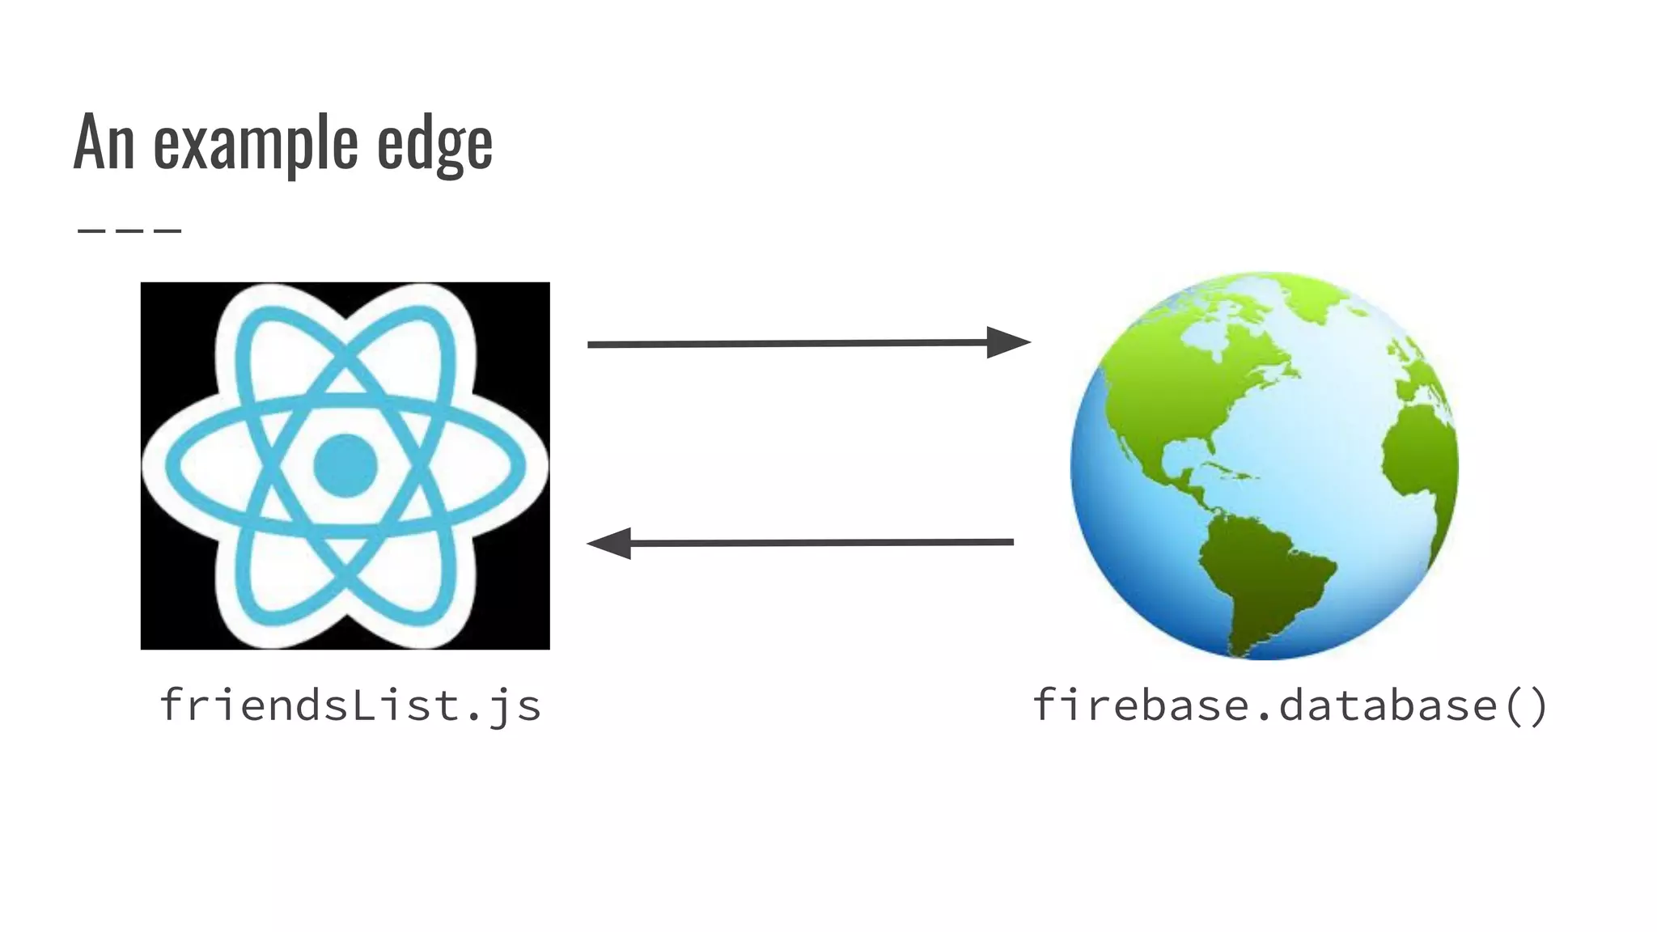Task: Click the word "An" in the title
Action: click(103, 142)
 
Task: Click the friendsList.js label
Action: click(350, 705)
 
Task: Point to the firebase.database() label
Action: click(1290, 705)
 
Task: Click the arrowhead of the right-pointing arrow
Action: click(1006, 342)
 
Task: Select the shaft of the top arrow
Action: click(785, 344)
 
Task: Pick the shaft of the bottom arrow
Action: click(817, 542)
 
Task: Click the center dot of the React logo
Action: click(345, 465)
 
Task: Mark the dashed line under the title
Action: click(129, 231)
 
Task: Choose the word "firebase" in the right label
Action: click(1141, 705)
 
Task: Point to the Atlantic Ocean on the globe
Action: click(1327, 453)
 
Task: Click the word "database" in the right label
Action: click(1388, 705)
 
